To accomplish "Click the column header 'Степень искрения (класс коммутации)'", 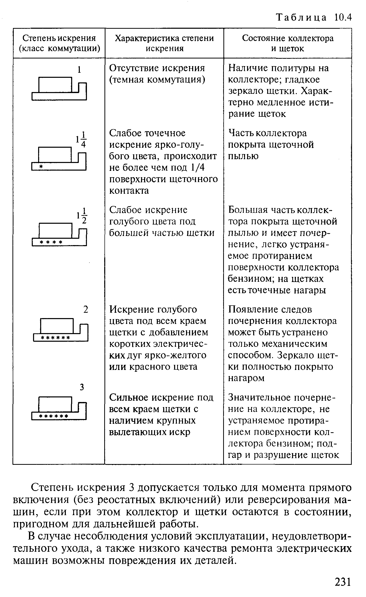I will pos(59,43).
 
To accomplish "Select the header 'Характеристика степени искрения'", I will pos(164,43).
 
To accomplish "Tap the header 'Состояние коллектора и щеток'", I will pos(287,43).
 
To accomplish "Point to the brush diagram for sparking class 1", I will pos(59,89).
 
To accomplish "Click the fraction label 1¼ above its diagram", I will pos(81,139).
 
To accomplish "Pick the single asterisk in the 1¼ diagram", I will pos(41,166).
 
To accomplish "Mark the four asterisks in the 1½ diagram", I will pos(51,242).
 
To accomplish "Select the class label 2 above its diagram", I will pos(86,309).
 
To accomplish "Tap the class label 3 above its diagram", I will pos(82,387).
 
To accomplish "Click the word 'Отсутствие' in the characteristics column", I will pos(134,68).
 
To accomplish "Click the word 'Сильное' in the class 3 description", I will pos(129,397).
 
